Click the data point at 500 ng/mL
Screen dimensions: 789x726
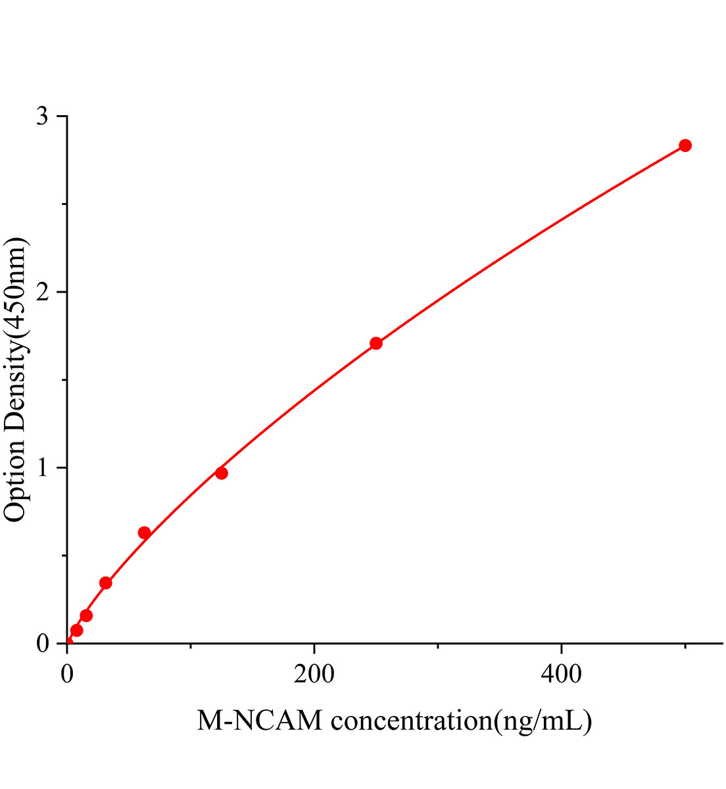[x=685, y=145]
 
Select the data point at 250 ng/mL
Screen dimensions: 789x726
[x=376, y=343]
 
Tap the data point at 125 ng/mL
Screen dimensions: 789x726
[x=222, y=473]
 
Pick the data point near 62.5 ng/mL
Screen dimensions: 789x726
[x=144, y=533]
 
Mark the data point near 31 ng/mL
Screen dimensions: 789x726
[x=105, y=583]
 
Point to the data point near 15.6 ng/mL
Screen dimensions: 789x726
[x=86, y=615]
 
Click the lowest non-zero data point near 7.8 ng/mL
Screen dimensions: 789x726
[x=76, y=631]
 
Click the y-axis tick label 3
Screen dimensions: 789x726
[x=43, y=116]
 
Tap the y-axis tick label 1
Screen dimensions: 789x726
[x=43, y=467]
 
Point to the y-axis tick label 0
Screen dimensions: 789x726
[x=43, y=643]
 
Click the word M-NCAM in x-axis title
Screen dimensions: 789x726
[x=260, y=721]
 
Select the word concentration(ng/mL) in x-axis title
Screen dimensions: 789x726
[x=461, y=722]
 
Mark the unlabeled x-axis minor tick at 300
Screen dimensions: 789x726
[x=438, y=647]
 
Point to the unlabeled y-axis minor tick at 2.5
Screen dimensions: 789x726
[x=63, y=204]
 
